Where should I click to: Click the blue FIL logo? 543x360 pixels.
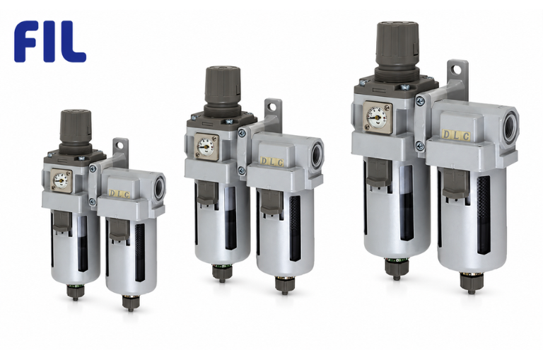[x=50, y=41]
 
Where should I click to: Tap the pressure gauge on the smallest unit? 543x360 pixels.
[x=62, y=180]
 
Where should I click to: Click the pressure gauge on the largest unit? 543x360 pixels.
[x=378, y=117]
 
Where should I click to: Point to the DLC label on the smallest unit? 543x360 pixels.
[x=119, y=194]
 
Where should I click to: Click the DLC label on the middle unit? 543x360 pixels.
[x=271, y=162]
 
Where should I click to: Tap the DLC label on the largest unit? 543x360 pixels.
[x=456, y=135]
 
